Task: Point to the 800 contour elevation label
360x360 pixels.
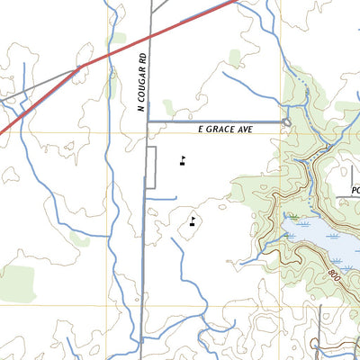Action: pos(336,271)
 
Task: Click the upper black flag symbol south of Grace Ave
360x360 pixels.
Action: pos(183,162)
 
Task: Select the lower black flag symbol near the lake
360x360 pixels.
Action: pos(193,220)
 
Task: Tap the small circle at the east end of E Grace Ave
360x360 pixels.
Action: pos(285,121)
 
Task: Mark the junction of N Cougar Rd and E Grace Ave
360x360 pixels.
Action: pos(147,121)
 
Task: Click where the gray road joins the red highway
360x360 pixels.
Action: pos(79,67)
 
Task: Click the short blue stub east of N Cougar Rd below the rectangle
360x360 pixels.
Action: pos(163,197)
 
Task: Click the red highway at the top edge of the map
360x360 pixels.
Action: pos(236,3)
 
